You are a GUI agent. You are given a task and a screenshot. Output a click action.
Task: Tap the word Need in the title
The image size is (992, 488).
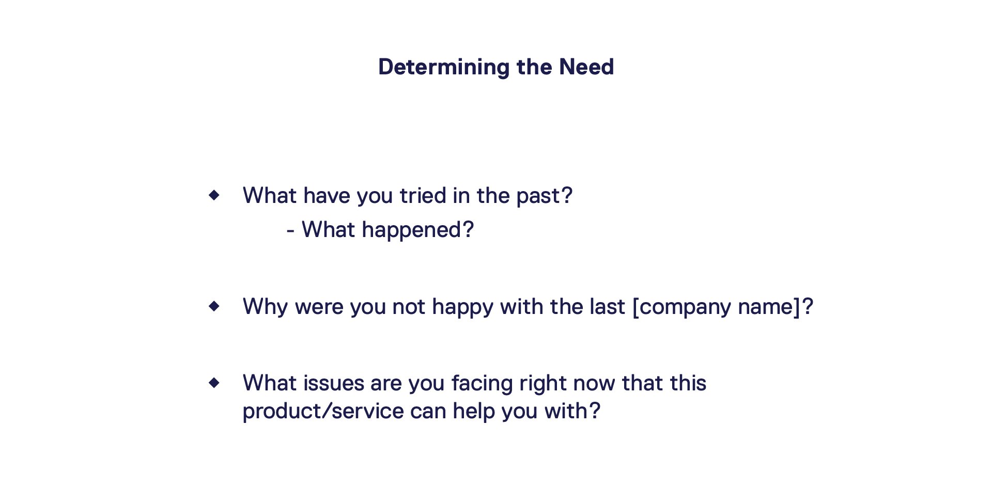[x=586, y=67]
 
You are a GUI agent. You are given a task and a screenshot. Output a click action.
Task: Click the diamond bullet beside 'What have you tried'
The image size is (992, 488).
[x=214, y=195]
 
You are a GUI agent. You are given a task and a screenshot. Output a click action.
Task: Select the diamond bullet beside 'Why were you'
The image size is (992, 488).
[x=214, y=306]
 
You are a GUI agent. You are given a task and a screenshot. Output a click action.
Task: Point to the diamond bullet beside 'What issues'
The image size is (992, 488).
[x=214, y=383]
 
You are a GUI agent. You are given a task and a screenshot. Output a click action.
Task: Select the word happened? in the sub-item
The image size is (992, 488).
[x=417, y=230]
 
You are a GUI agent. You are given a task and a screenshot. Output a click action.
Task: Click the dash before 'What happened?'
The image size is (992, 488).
[x=290, y=231]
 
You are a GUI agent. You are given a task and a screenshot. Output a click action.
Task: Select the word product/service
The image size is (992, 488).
[x=323, y=412]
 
